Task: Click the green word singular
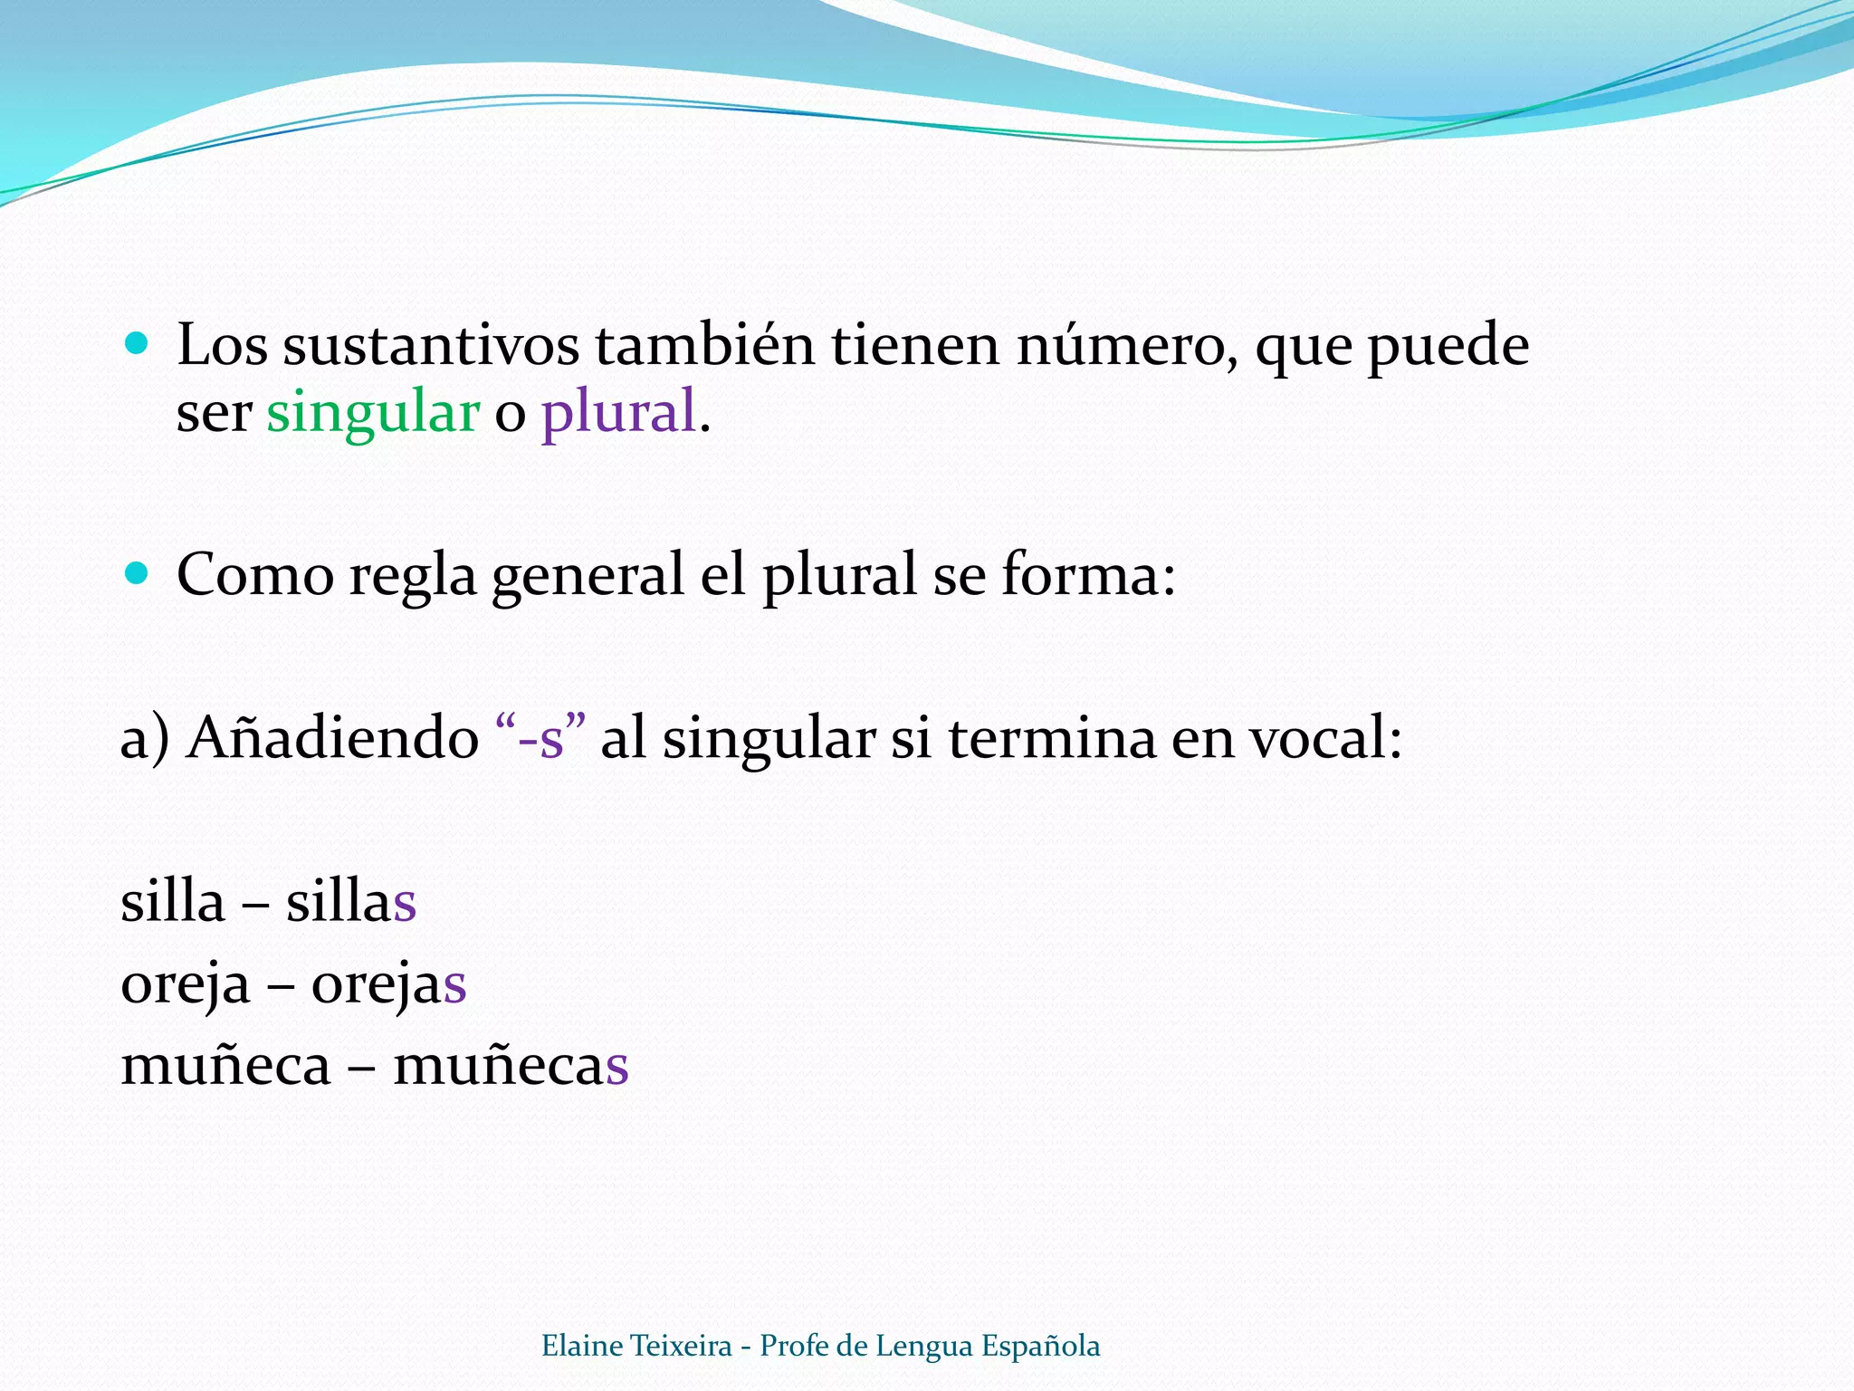point(372,413)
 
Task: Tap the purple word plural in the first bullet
point(618,413)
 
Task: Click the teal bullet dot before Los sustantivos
point(137,343)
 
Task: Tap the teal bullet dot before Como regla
point(137,573)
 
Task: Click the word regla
point(412,577)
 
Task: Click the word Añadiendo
point(333,737)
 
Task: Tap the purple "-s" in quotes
point(541,737)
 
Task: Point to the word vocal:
point(1326,737)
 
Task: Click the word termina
point(1052,737)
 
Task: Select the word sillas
point(351,902)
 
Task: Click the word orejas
point(389,984)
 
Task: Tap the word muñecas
point(511,1065)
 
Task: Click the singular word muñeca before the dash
point(225,1065)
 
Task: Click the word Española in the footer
point(1040,1346)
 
